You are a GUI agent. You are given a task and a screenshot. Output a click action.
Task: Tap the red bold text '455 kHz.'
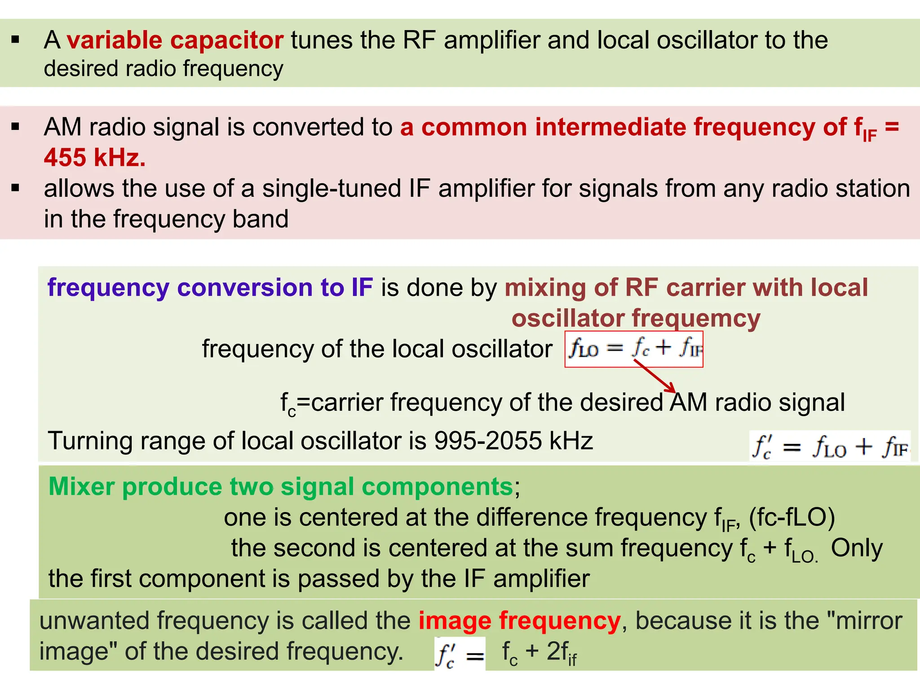click(95, 158)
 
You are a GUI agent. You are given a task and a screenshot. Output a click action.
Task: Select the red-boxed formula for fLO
click(634, 349)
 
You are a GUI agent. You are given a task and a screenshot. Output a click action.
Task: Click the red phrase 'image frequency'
click(519, 621)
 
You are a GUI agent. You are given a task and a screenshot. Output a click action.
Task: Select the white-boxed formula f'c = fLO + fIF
click(830, 447)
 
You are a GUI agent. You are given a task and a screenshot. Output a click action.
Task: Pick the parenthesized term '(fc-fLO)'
click(792, 517)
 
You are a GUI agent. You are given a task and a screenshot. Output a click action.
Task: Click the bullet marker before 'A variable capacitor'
click(16, 40)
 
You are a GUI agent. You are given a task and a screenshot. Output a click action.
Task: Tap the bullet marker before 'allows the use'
click(16, 188)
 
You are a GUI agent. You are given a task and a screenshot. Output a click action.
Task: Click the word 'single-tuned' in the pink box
click(332, 188)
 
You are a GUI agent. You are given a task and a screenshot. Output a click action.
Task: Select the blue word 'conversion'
click(245, 287)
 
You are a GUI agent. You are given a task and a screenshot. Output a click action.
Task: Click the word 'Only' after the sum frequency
click(857, 548)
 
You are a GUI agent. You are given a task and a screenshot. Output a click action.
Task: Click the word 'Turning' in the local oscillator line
click(90, 441)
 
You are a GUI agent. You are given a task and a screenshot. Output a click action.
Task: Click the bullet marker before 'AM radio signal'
click(16, 127)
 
